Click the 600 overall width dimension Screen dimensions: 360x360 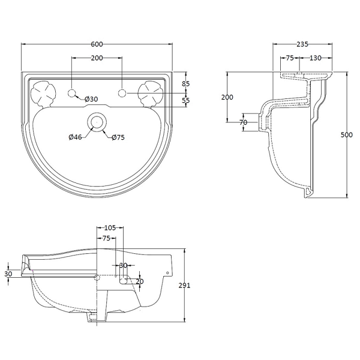pyautogui.click(x=97, y=44)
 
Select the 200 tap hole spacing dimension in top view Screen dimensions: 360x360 pyautogui.click(x=97, y=58)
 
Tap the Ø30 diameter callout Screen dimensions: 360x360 pyautogui.click(x=91, y=99)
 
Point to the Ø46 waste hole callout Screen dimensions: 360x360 pyautogui.click(x=75, y=137)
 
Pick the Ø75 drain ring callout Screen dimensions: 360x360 pyautogui.click(x=118, y=137)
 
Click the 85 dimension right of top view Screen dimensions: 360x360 pyautogui.click(x=186, y=84)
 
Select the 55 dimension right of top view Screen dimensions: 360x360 pyautogui.click(x=186, y=101)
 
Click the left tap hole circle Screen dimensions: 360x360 pyautogui.click(x=72, y=93)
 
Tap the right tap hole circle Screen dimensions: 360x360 pyautogui.click(x=122, y=93)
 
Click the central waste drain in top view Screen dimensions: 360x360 pyautogui.click(x=97, y=122)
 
